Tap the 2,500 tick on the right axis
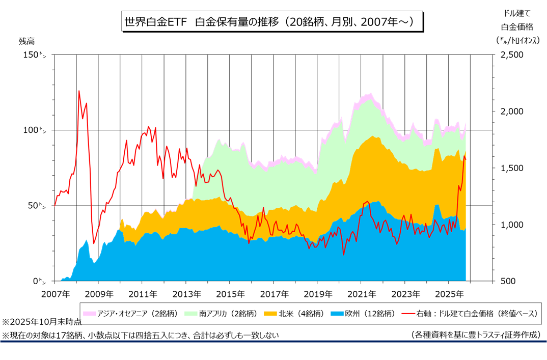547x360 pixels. click(x=514, y=54)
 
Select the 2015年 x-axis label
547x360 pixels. click(x=230, y=294)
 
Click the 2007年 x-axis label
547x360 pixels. click(x=54, y=294)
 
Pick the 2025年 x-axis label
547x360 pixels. click(x=449, y=294)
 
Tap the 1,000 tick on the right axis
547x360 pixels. click(x=514, y=225)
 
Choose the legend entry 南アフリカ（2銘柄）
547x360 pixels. click(x=227, y=313)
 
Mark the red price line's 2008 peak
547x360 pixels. click(x=79, y=91)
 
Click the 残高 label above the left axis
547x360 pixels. click(x=26, y=41)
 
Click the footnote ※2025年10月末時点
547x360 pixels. click(x=42, y=322)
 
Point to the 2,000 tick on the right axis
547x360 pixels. click(x=514, y=111)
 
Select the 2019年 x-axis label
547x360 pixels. click(x=317, y=294)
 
